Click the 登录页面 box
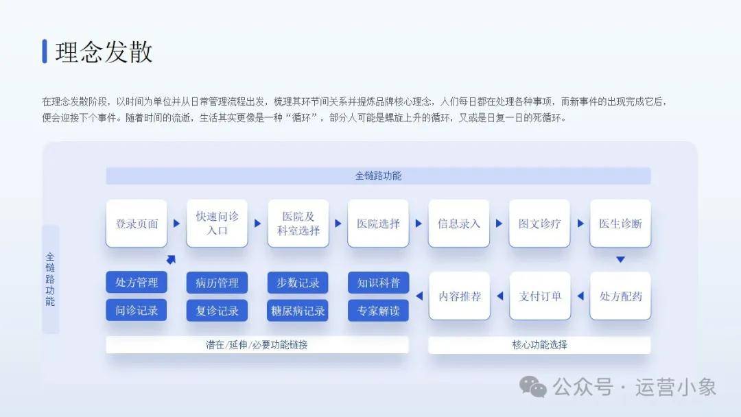click(137, 224)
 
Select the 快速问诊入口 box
click(217, 224)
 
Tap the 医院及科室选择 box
click(298, 224)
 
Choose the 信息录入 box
click(459, 224)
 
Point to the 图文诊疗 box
click(540, 224)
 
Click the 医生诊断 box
click(620, 224)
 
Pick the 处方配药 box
click(620, 296)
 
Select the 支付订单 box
click(540, 296)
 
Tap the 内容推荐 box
click(459, 296)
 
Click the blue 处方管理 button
click(137, 283)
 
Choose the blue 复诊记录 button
click(217, 310)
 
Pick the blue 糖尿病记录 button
click(298, 310)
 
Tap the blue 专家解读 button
click(379, 310)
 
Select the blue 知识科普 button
click(379, 283)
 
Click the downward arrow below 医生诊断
click(620, 259)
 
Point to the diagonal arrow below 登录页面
click(171, 259)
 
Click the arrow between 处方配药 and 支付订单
click(581, 296)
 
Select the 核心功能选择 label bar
click(539, 345)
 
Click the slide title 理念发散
click(104, 51)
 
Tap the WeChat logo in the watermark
click(533, 387)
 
